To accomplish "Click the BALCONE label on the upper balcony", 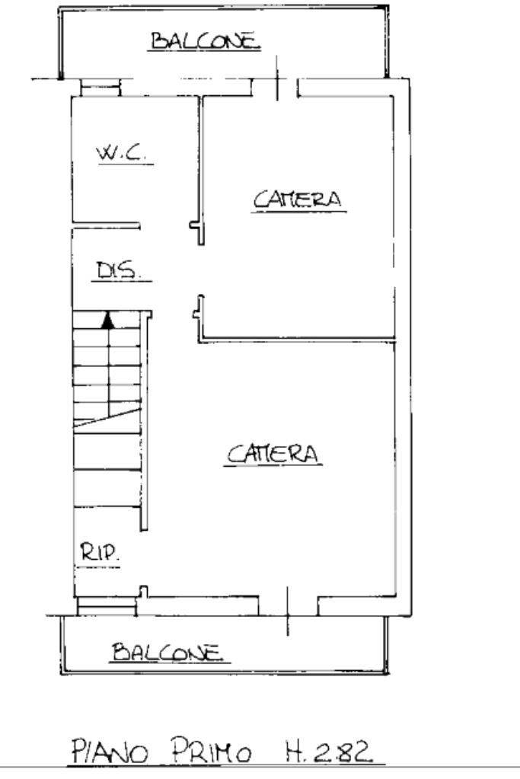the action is [x=206, y=40].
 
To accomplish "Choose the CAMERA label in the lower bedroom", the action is [x=273, y=454].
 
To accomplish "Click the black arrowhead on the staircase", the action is [x=107, y=321].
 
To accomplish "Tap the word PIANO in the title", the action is [x=110, y=751].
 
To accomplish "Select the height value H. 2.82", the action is [x=328, y=751].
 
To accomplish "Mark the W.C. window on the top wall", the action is [x=100, y=88].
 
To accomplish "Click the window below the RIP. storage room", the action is [x=107, y=607].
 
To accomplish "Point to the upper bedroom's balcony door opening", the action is [x=276, y=88].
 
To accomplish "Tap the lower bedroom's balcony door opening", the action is [x=288, y=605].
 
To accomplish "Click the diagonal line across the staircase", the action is [x=107, y=418].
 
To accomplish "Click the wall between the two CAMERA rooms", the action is [x=297, y=340].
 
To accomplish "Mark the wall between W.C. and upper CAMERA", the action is [x=200, y=170].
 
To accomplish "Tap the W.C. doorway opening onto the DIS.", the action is [x=168, y=227].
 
